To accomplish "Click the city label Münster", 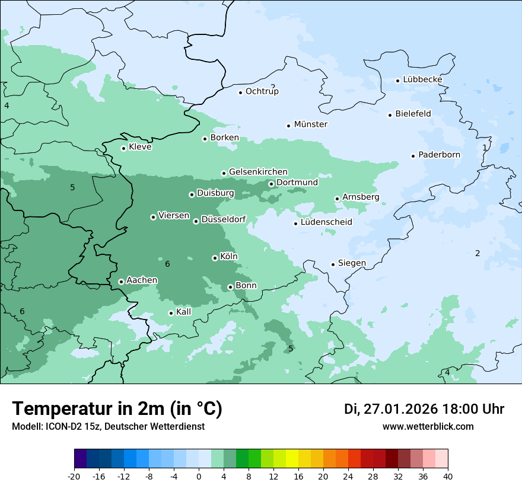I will (x=310, y=124).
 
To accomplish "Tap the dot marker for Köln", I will (x=215, y=258).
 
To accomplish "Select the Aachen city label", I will (x=142, y=280).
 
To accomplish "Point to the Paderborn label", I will (x=439, y=155).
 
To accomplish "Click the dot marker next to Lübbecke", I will (x=398, y=81).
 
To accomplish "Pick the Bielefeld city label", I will (x=413, y=114).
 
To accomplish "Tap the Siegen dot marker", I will (x=333, y=264).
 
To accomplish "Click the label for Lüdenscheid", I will (x=326, y=222).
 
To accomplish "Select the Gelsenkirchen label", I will (x=258, y=172).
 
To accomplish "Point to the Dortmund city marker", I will (x=271, y=184).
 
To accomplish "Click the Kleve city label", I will (x=140, y=147).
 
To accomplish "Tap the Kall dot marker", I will (x=171, y=313).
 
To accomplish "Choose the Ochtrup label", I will (x=262, y=91).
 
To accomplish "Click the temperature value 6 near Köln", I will (x=167, y=264).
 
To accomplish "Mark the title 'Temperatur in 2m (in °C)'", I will (x=117, y=409).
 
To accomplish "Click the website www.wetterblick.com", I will (x=428, y=427).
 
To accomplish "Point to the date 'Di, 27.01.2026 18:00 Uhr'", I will (x=424, y=409).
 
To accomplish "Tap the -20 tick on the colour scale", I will (x=74, y=477).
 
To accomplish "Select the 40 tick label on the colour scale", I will (x=447, y=477).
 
